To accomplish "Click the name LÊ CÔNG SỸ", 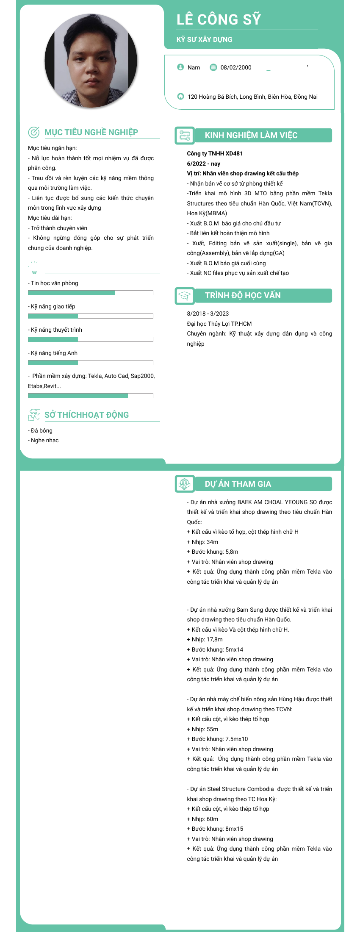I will click(x=219, y=19).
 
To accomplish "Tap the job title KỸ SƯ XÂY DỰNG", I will click(x=205, y=39).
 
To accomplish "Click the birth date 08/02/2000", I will click(x=236, y=67).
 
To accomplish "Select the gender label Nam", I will click(x=194, y=67).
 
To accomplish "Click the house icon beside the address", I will click(x=180, y=96).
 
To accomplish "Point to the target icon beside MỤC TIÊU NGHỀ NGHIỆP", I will click(x=34, y=132).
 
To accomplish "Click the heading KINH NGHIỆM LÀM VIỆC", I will click(x=251, y=135).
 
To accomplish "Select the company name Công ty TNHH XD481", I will click(x=215, y=153).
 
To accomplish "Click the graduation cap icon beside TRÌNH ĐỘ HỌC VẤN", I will click(x=185, y=296).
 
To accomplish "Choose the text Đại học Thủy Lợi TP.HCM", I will click(x=219, y=324).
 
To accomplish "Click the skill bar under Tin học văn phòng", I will click(x=90, y=293).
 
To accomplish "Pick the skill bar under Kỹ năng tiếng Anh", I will click(x=90, y=363).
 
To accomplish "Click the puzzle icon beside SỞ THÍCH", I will click(x=34, y=415).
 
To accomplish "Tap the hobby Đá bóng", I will click(x=42, y=430).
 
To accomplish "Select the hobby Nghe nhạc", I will click(x=44, y=440).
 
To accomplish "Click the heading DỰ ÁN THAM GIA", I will click(x=238, y=484).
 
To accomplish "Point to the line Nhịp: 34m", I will click(x=203, y=542).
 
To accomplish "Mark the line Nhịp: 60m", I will click(x=203, y=819).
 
